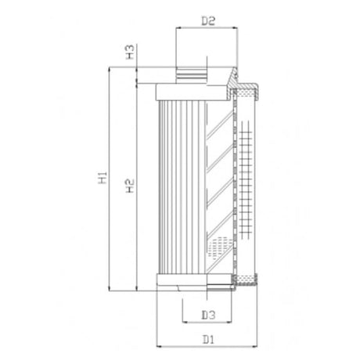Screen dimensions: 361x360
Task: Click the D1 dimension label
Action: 207,339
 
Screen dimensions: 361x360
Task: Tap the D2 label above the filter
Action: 207,22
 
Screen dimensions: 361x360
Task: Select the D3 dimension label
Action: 207,316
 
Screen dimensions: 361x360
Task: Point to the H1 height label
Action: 103,179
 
